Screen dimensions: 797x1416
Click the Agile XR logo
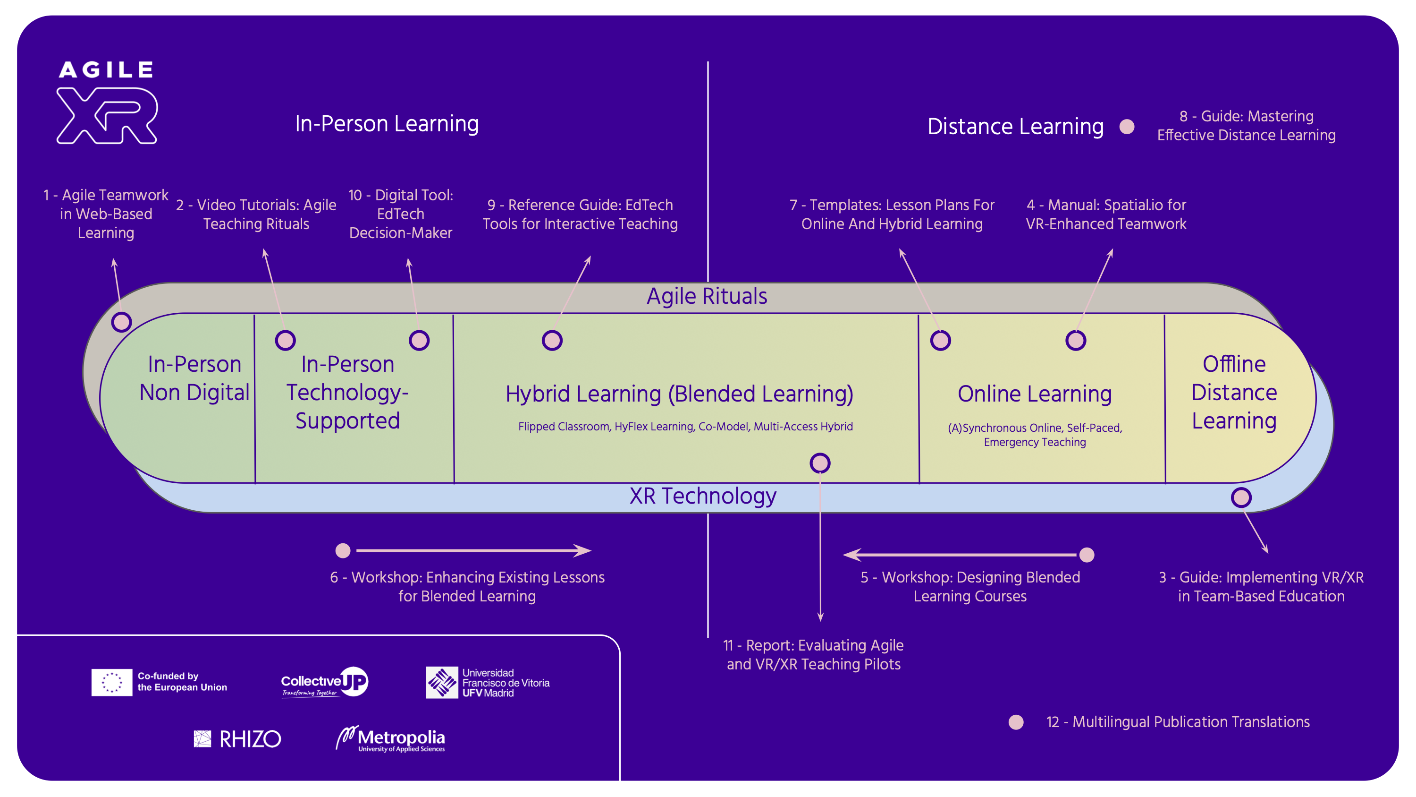coord(107,103)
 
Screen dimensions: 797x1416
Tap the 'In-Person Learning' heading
coord(387,124)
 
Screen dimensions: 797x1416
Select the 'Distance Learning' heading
coord(1015,127)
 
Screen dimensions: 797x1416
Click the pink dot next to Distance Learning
coord(1127,127)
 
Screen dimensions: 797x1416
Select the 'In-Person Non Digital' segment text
coord(194,378)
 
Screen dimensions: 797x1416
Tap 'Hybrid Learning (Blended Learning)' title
coord(679,394)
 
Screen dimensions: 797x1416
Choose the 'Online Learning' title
coord(1034,394)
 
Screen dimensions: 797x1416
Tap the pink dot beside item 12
coord(1016,722)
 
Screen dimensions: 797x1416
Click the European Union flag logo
coord(111,682)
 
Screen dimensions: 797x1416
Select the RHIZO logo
coord(237,739)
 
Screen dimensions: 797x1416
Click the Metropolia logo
coord(390,739)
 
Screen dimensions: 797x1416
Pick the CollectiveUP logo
coord(324,682)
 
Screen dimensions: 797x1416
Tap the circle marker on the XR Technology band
coord(1240,497)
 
